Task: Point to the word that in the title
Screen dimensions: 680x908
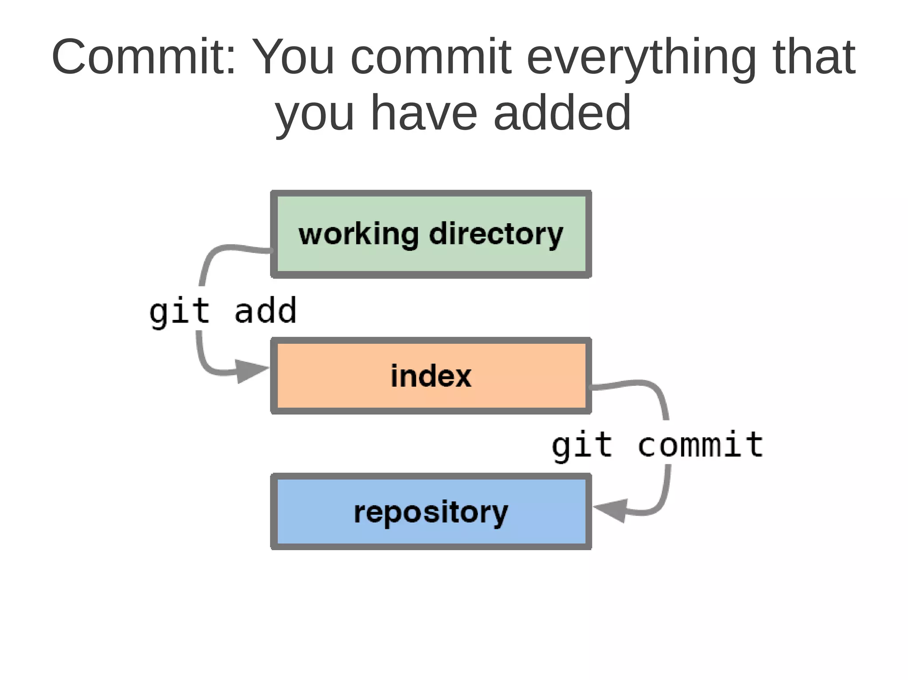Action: point(814,58)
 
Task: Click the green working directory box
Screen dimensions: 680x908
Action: point(431,261)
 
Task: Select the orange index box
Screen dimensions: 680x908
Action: point(431,399)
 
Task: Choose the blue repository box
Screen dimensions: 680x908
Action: point(431,536)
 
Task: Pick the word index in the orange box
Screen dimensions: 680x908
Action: point(431,376)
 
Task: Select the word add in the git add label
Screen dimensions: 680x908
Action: point(265,311)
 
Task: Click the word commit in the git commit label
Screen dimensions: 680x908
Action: point(701,445)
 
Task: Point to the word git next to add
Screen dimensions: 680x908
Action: point(179,312)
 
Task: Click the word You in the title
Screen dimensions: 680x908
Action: point(294,58)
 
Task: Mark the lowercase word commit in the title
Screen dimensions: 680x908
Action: point(431,58)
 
